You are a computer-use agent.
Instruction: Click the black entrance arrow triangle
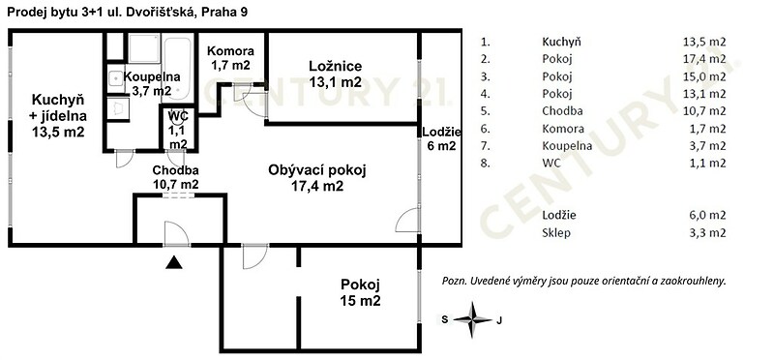[x=174, y=262]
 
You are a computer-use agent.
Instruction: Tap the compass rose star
[x=472, y=319]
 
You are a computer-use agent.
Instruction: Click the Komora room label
[x=230, y=57]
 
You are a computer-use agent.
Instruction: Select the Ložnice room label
[x=335, y=74]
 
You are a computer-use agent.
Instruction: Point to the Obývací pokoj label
[x=317, y=178]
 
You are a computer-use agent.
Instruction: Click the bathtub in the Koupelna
[x=177, y=69]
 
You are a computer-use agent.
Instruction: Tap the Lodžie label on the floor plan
[x=441, y=139]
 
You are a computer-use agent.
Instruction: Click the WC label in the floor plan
[x=178, y=130]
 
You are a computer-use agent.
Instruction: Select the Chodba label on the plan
[x=175, y=177]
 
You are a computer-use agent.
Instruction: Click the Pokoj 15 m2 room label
[x=360, y=292]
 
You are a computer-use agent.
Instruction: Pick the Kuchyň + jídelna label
[x=58, y=115]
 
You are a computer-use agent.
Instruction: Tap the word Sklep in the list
[x=555, y=232]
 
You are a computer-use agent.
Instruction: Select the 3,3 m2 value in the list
[x=710, y=232]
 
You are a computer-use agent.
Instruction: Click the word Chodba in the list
[x=562, y=111]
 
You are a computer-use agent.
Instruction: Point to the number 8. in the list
[x=486, y=163]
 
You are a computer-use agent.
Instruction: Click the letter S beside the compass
[x=445, y=319]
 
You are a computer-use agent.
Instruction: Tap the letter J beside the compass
[x=499, y=320]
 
